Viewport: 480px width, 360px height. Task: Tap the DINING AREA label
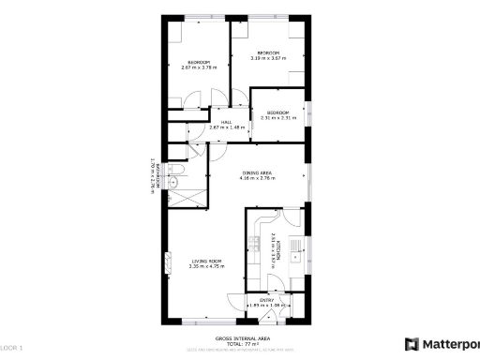258,172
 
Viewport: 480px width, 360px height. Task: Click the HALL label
226,122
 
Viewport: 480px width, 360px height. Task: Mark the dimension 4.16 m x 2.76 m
258,178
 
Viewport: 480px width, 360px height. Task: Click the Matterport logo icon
411,344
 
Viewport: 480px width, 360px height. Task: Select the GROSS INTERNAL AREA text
243,337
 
